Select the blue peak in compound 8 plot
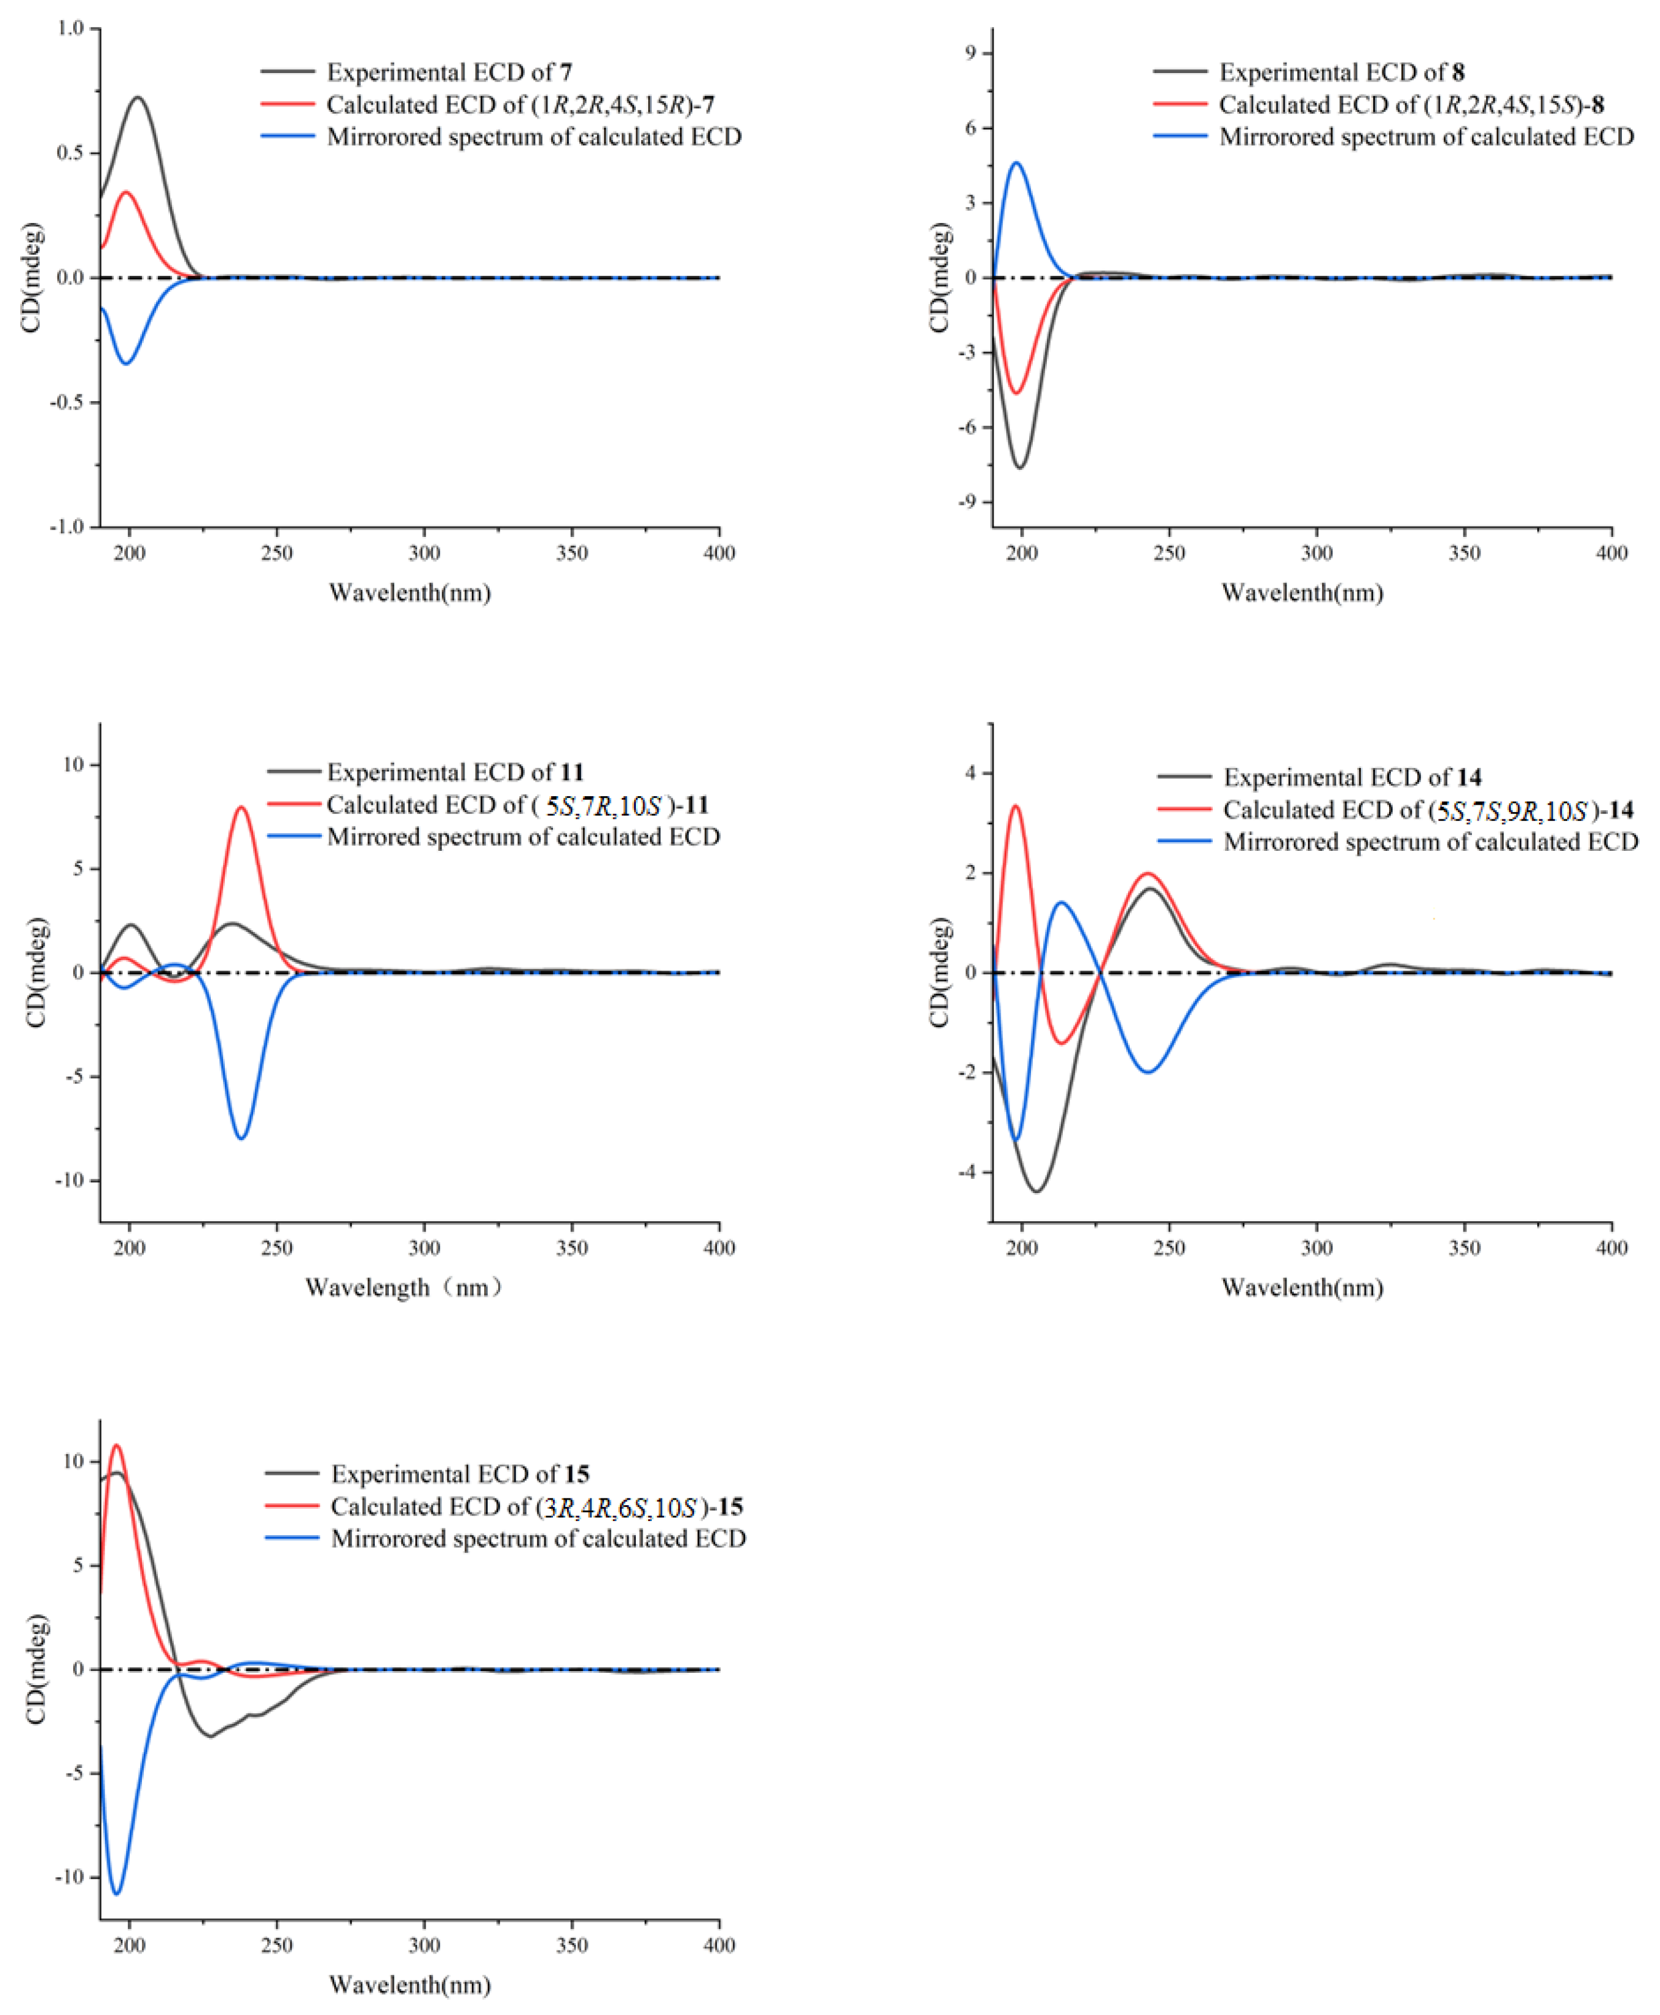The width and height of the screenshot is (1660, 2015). (x=1017, y=163)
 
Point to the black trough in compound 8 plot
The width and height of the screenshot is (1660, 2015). (x=1020, y=468)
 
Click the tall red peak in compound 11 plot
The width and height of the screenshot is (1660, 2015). (x=241, y=808)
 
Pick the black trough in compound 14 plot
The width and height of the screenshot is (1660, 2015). (x=1036, y=1191)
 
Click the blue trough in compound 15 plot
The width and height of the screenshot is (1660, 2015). (x=117, y=1893)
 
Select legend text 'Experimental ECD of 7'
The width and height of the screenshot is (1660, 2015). (x=448, y=72)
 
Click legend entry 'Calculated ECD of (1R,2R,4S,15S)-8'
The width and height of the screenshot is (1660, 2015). (x=1411, y=104)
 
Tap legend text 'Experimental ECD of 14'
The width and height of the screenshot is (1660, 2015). (x=1352, y=778)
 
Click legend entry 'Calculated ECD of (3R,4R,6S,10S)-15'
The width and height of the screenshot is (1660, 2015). (x=536, y=1506)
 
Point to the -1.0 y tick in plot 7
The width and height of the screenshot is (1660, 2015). (x=67, y=527)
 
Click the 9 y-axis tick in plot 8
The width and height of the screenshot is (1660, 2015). (x=971, y=53)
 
